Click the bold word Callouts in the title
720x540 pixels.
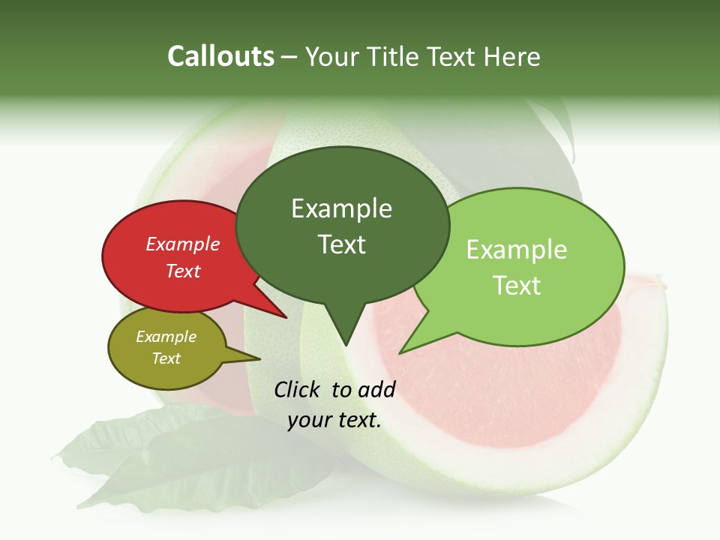tap(220, 56)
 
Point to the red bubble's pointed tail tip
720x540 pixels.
tap(286, 318)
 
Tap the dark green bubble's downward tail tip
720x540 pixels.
tap(345, 346)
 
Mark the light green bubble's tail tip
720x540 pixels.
tap(400, 353)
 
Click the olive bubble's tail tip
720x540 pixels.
tap(259, 359)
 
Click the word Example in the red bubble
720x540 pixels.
tap(183, 244)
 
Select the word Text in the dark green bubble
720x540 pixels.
tap(342, 244)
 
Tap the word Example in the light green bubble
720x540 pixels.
tap(517, 250)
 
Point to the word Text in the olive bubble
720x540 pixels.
tap(166, 358)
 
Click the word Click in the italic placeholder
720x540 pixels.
tap(298, 389)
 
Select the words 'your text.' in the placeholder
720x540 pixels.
tap(334, 420)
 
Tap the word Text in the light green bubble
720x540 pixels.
tap(517, 286)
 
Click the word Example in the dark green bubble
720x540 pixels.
tap(342, 208)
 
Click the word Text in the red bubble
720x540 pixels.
tap(183, 271)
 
